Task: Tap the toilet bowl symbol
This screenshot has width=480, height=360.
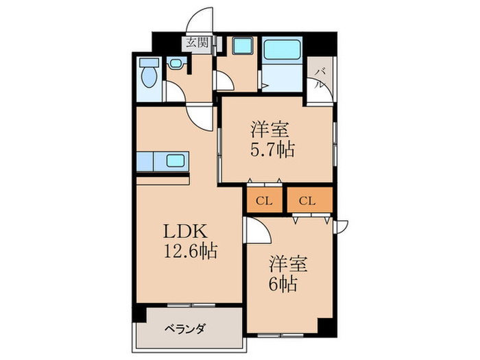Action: click(147, 77)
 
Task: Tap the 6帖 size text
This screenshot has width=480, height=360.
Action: click(283, 284)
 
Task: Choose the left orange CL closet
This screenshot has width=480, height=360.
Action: click(264, 200)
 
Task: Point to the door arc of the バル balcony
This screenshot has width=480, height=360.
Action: click(317, 87)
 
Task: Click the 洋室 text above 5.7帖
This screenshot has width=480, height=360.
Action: click(269, 128)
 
